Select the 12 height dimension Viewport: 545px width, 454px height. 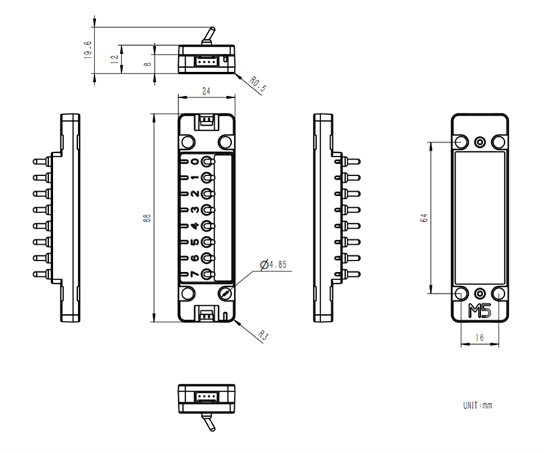[114, 60]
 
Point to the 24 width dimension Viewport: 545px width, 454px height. [206, 92]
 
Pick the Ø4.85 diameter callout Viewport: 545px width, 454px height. [277, 265]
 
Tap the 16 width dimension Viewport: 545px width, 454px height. [480, 338]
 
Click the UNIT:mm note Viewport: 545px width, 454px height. [477, 405]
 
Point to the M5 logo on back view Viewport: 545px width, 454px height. [480, 311]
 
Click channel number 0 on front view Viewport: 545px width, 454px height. [194, 162]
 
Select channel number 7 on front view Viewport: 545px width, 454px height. [194, 274]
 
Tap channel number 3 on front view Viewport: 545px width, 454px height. [194, 210]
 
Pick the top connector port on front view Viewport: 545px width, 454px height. [206, 122]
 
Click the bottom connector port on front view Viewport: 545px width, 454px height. [206, 314]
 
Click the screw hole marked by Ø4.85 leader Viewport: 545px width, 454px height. [227, 293]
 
